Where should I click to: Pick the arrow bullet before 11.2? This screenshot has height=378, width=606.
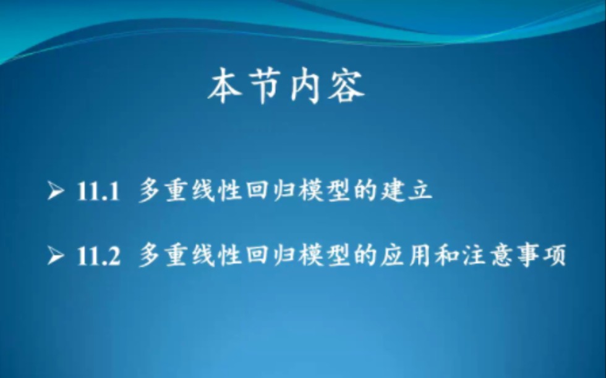(x=56, y=255)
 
